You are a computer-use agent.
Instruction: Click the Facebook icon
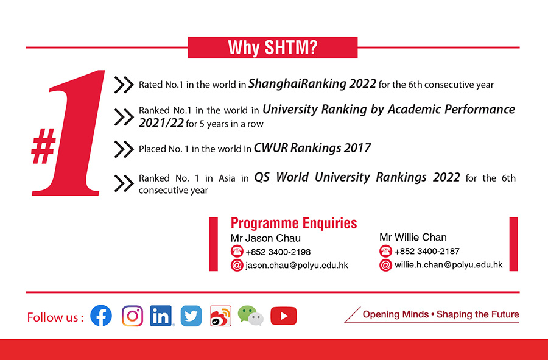101,316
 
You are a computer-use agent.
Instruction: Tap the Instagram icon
133,316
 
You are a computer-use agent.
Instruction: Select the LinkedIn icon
161,316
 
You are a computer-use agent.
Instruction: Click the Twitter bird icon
191,316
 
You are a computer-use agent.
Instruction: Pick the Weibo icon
220,316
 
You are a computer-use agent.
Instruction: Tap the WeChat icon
251,316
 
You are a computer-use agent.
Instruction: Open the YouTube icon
283,316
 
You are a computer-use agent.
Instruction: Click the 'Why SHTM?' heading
273,48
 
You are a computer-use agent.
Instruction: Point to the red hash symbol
44,146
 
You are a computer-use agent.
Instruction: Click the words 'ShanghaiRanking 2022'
312,84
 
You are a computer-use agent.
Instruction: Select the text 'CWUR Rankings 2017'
312,148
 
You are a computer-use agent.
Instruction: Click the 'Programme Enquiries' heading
294,223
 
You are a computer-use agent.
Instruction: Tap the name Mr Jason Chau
265,238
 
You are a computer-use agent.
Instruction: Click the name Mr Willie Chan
413,238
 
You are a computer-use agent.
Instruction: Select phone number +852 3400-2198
278,252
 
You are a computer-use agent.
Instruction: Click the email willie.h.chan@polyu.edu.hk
449,264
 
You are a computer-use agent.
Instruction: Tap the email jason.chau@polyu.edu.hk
297,266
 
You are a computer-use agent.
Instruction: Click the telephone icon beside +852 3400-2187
385,251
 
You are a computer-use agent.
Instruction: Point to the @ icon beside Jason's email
237,266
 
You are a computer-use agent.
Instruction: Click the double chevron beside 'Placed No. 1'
124,149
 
